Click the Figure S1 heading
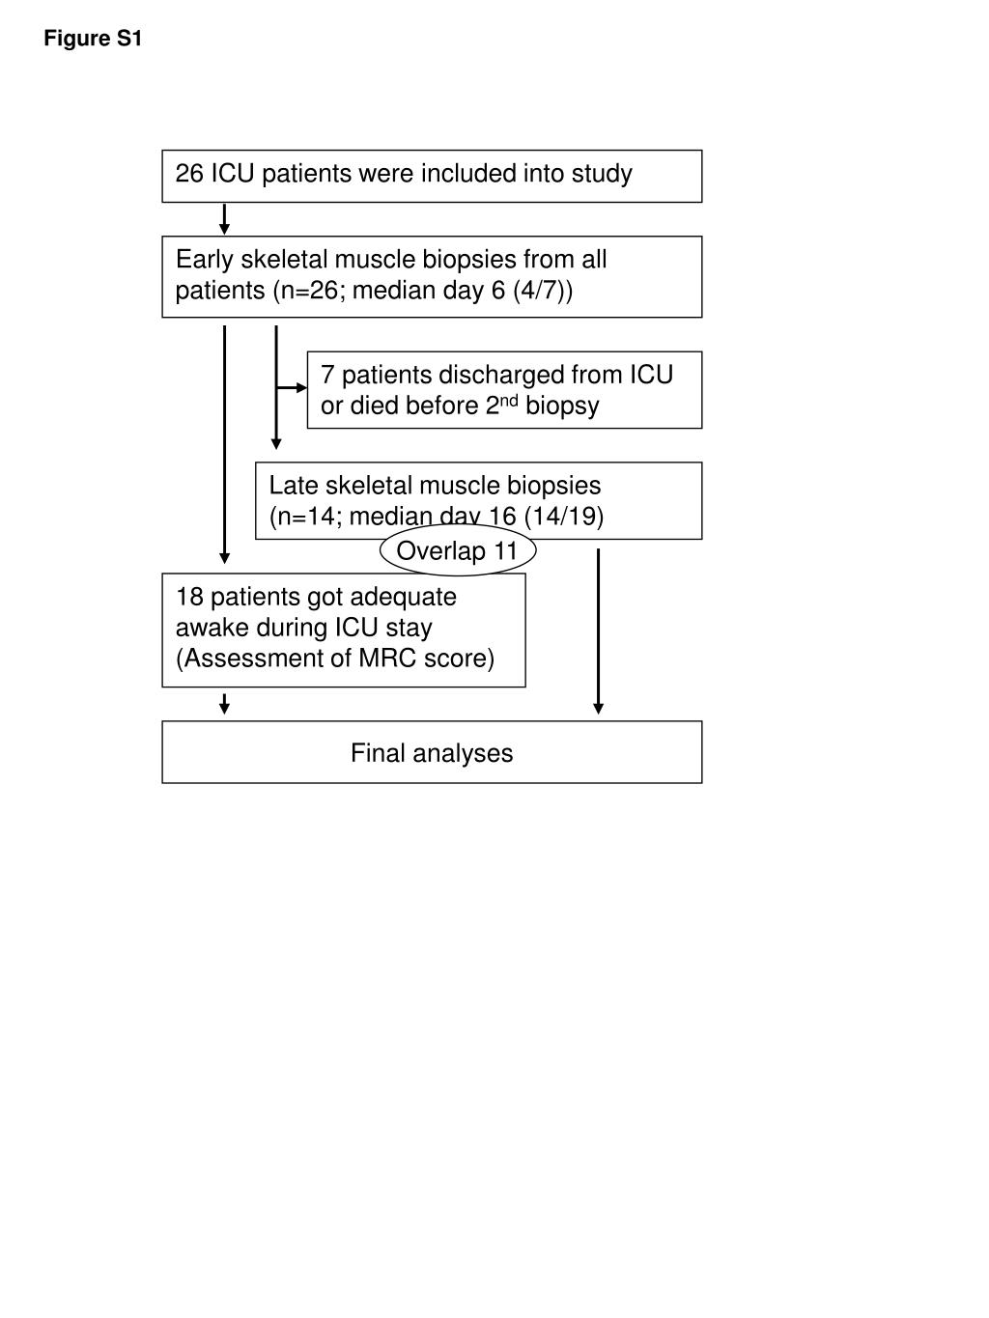click(93, 39)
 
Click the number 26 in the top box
click(189, 174)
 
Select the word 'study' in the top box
click(602, 174)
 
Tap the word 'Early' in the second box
click(204, 260)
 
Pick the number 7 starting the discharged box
click(327, 375)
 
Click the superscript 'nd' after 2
click(510, 401)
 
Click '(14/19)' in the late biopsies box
click(564, 517)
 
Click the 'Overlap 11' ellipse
click(457, 551)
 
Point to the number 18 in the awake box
click(189, 597)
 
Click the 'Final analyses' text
click(432, 753)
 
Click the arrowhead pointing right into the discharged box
click(300, 387)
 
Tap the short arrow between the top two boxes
click(225, 220)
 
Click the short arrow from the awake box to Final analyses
click(225, 704)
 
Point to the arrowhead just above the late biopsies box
click(276, 444)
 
